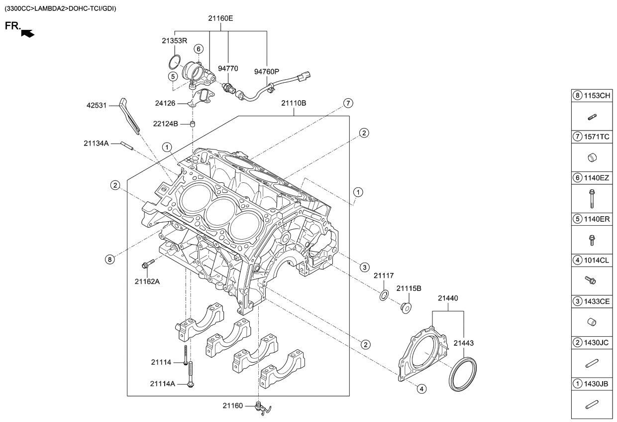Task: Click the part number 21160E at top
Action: tap(220, 18)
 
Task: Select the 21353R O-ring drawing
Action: tap(173, 62)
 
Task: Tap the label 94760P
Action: tap(268, 71)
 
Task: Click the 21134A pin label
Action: tap(96, 143)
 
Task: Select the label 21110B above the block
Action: tap(294, 103)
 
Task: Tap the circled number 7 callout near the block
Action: tap(348, 103)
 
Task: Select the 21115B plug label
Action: tap(409, 288)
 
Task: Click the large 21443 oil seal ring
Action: tap(463, 374)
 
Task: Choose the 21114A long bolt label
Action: tap(162, 384)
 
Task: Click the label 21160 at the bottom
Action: tap(233, 406)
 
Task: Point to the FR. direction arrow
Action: tap(28, 33)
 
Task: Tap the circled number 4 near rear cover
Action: tap(421, 389)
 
